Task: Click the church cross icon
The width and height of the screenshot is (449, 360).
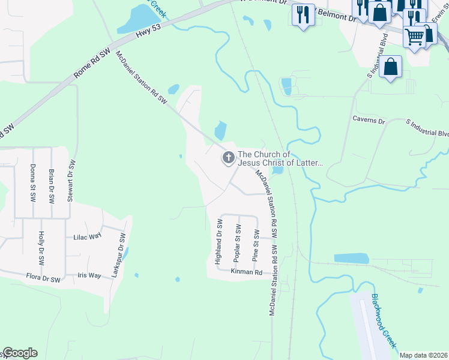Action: pos(228,158)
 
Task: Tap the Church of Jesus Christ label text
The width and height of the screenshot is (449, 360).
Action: pos(280,158)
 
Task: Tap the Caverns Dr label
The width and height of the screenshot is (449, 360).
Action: pos(369,121)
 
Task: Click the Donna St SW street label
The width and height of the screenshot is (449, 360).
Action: pos(32,182)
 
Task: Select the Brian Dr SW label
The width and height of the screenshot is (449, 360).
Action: pos(52,184)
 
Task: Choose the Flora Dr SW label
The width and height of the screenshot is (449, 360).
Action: pos(43,279)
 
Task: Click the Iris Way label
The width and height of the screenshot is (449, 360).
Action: pos(89,275)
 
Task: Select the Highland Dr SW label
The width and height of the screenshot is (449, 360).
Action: pos(219,242)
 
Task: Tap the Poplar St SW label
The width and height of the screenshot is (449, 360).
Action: pos(238,243)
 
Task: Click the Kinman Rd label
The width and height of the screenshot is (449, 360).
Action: pos(247,272)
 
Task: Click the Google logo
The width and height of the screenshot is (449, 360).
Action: pos(20,353)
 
